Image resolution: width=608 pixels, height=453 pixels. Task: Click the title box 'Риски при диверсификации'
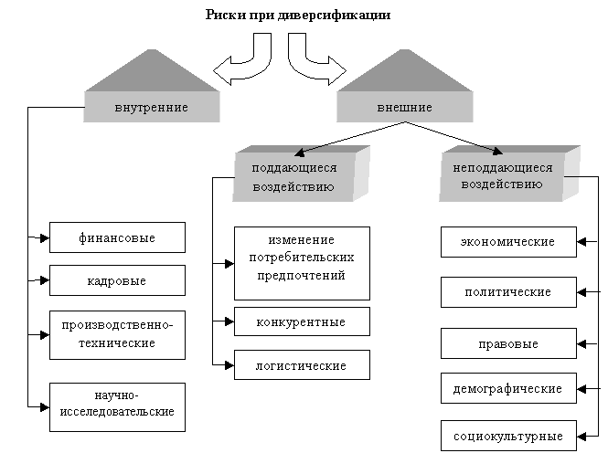coord(297,16)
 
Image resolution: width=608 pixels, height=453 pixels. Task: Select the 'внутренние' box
coord(152,108)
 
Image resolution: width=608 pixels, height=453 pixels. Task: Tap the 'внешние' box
coord(404,108)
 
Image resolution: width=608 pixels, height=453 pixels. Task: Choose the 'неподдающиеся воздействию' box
coord(502,175)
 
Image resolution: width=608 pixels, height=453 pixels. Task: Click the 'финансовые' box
coord(117,237)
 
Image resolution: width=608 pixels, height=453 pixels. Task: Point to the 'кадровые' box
coord(117,280)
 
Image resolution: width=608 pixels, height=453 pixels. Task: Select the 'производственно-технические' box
coord(117,334)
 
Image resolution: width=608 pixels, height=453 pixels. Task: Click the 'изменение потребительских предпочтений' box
coord(302,263)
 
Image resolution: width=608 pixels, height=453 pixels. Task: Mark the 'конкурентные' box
coord(302,321)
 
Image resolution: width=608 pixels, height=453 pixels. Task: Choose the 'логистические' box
coord(302,365)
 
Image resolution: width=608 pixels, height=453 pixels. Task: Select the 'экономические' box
coord(508,242)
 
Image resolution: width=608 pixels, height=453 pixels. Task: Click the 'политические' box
coord(508,292)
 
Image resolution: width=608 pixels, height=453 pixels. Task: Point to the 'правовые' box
coord(508,344)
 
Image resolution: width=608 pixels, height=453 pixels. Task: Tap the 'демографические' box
coord(508,388)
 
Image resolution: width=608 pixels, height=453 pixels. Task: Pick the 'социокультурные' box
coord(508,435)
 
